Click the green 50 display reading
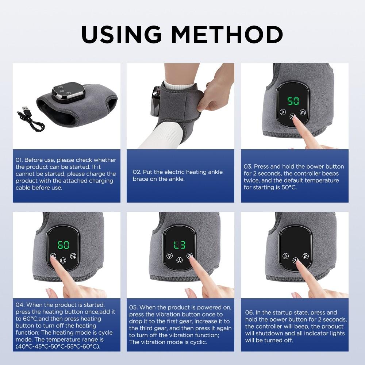[293, 101]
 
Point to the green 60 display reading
[64, 245]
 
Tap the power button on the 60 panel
[64, 261]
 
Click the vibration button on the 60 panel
[74, 256]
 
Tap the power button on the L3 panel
[179, 261]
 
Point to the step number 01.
[19, 160]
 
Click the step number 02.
[137, 172]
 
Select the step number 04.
[20, 304]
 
